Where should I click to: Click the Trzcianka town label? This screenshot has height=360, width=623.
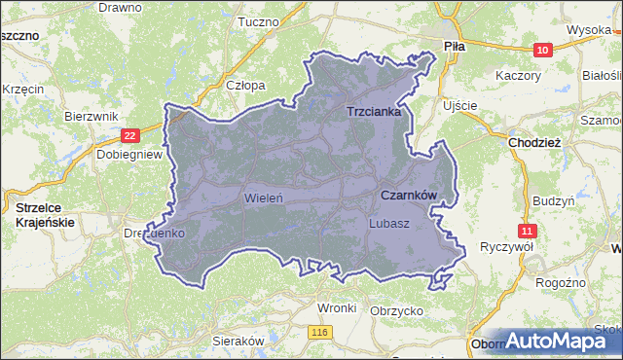pos(375,112)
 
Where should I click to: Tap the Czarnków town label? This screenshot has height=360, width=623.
pos(408,196)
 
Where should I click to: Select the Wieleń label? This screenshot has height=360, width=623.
pos(264,198)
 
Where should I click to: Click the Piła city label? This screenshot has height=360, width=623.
pos(454,46)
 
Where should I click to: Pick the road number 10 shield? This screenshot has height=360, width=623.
pos(542,50)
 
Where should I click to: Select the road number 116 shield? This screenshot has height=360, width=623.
pos(320,332)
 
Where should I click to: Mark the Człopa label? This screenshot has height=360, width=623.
pos(245,85)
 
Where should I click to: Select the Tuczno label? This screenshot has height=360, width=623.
pos(258,21)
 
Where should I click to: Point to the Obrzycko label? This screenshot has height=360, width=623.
pos(394,310)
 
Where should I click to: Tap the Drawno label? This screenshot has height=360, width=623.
pos(121,6)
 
